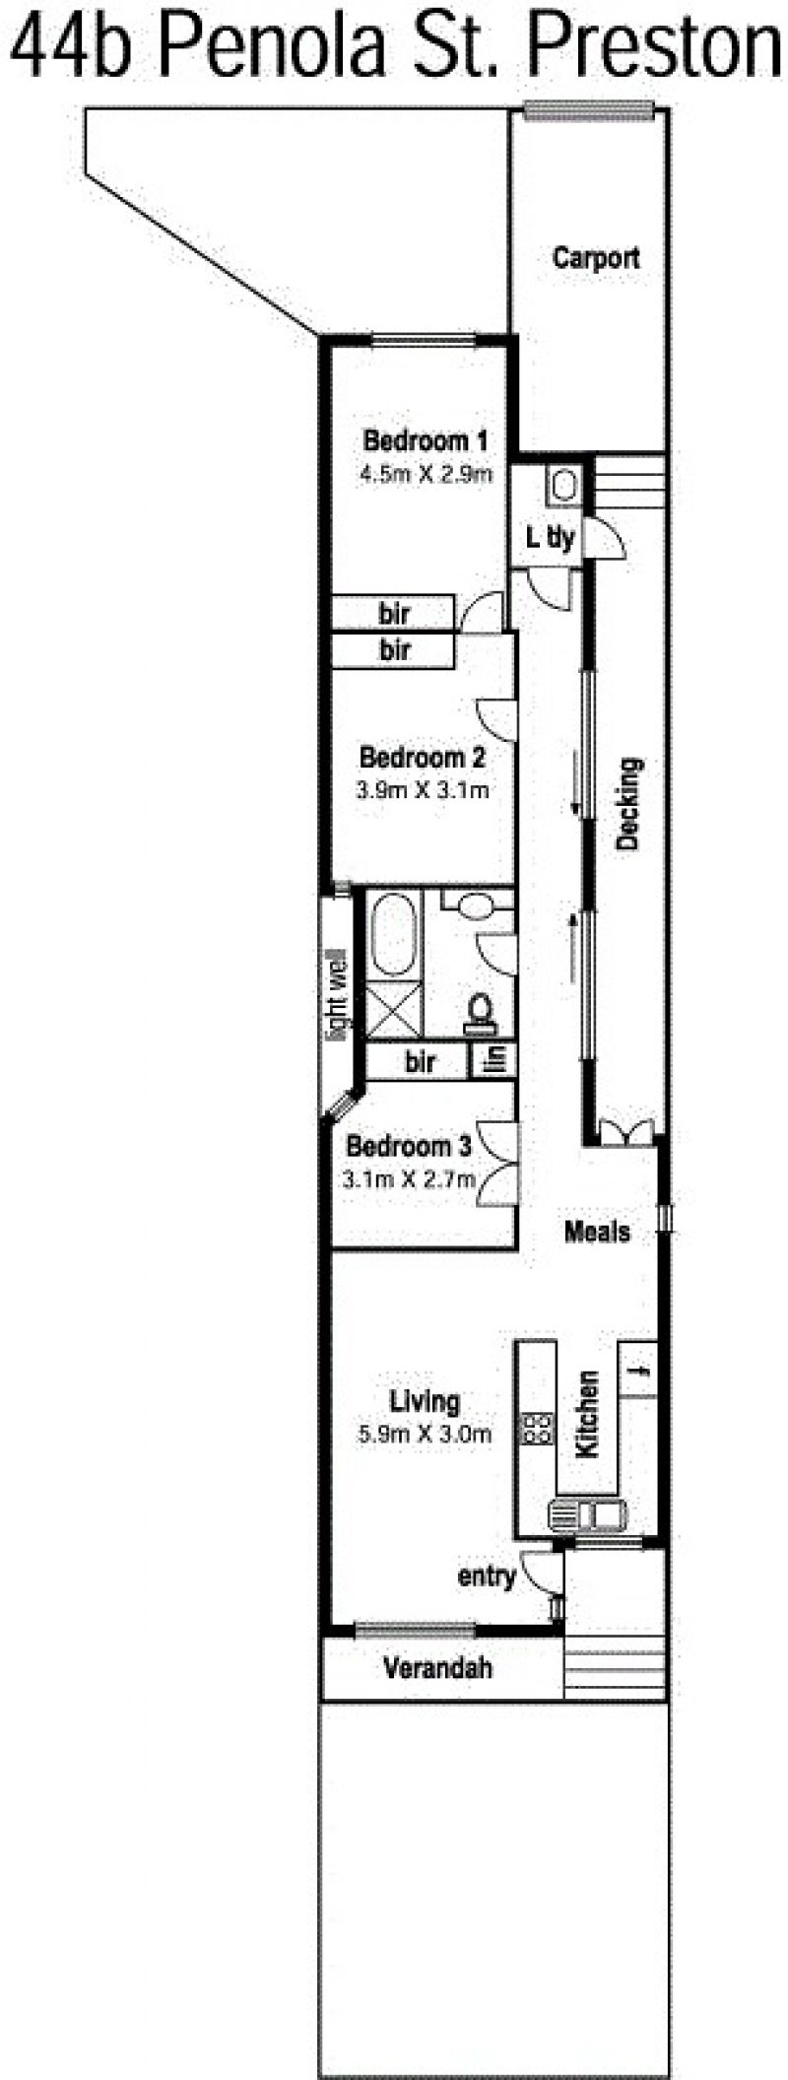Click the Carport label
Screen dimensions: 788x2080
click(x=596, y=258)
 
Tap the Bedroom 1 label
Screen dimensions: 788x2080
click(x=426, y=439)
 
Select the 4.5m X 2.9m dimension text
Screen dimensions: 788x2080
click(x=426, y=473)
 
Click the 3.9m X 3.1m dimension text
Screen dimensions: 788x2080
click(x=423, y=789)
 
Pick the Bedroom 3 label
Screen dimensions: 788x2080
click(x=409, y=1146)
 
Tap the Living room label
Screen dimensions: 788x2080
click(x=425, y=1400)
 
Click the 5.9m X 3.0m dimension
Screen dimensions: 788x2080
click(x=425, y=1434)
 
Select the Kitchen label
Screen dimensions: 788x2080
click(x=587, y=1414)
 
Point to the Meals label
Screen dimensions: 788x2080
click(x=597, y=1231)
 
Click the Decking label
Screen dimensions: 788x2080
click(x=628, y=803)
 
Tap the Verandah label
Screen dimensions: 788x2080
click(x=437, y=1667)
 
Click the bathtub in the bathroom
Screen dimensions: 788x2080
click(x=394, y=934)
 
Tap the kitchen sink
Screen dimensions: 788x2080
click(x=588, y=1512)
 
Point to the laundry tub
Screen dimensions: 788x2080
click(x=564, y=485)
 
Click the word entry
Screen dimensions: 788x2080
click(x=487, y=1577)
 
